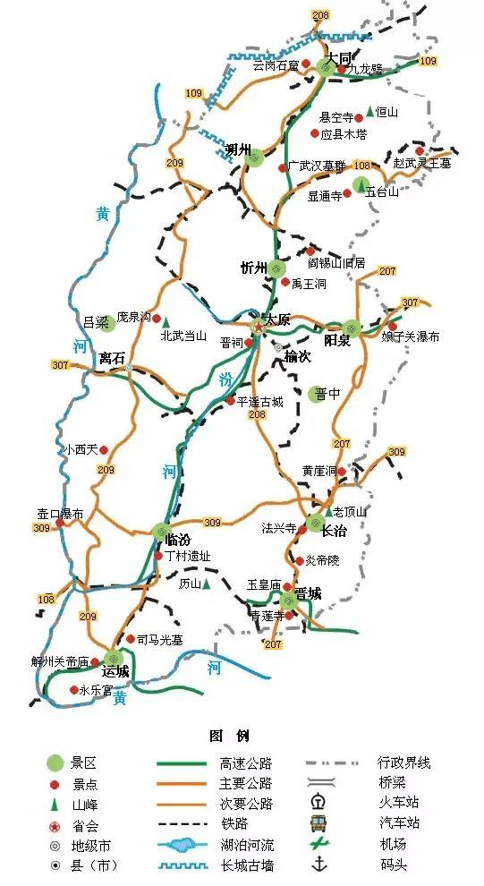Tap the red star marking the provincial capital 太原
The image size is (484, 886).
(x=259, y=326)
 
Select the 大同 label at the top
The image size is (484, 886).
(x=339, y=56)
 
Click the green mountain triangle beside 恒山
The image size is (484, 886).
(x=369, y=112)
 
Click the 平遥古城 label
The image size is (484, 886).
(x=259, y=401)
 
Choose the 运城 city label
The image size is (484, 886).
(x=115, y=670)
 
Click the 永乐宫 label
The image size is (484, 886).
(x=96, y=690)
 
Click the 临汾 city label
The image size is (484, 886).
(x=179, y=539)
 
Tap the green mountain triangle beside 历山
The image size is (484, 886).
(x=207, y=584)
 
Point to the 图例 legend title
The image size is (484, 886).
(x=229, y=736)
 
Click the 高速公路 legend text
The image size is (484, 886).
(x=245, y=763)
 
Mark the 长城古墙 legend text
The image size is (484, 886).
(x=245, y=865)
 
